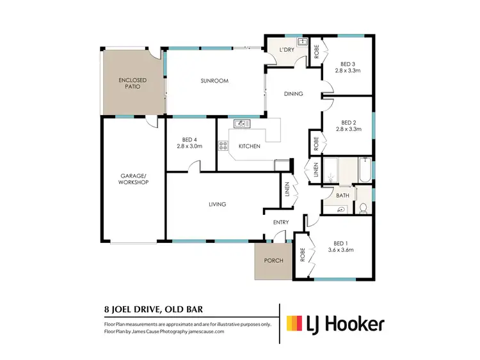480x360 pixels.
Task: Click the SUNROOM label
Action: [214, 81]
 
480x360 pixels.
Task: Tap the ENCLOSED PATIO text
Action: [133, 84]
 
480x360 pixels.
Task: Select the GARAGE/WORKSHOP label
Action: [134, 178]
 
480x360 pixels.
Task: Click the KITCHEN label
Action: [249, 146]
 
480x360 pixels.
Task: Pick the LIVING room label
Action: [218, 204]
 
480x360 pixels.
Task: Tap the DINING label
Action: [294, 94]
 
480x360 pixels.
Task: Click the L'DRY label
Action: [285, 51]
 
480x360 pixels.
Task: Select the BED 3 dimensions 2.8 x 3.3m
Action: [349, 72]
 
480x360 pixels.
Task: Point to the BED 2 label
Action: [349, 122]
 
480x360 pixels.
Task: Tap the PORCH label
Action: [273, 260]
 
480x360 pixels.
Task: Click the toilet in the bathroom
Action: [364, 207]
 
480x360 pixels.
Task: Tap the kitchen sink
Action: [241, 123]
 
